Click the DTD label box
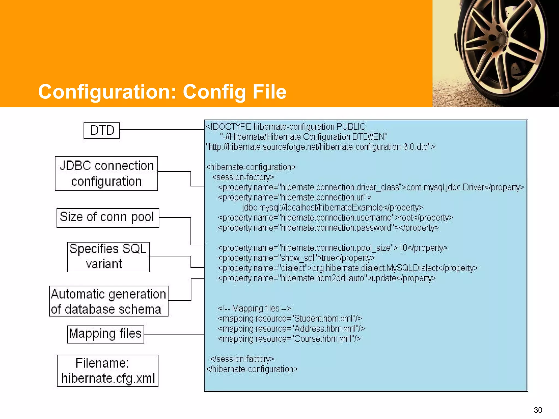(102, 130)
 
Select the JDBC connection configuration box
(106, 173)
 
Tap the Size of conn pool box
(108, 218)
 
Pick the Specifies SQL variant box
(108, 257)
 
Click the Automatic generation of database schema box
(109, 301)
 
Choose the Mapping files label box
(106, 334)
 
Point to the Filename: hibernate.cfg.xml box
(108, 370)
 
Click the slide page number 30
(538, 410)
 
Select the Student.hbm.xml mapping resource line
(290, 319)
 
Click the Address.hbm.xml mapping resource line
(291, 329)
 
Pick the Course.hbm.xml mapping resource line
(289, 339)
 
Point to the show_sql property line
(296, 258)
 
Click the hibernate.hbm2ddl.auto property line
(327, 278)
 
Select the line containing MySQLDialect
(347, 268)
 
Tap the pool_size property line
(332, 248)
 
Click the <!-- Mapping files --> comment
(254, 309)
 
